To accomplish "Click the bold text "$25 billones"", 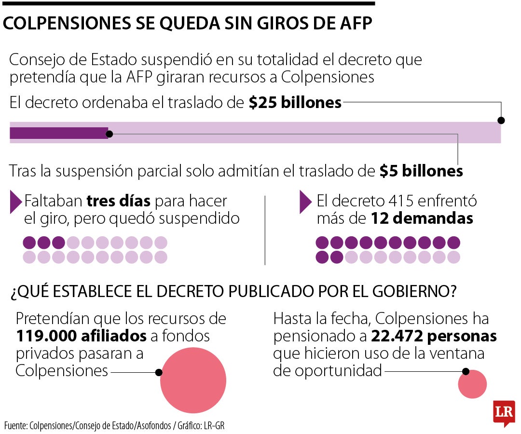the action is (x=295, y=102).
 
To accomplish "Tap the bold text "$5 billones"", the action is (x=421, y=171).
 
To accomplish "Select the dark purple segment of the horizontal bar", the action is (x=59, y=133).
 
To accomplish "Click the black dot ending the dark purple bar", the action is (x=109, y=134).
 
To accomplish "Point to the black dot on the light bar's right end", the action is (x=501, y=120).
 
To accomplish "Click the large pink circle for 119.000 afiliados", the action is (x=193, y=380).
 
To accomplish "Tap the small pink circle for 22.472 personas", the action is (x=472, y=384).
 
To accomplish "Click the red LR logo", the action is (x=504, y=413).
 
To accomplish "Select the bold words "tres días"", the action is (x=118, y=201).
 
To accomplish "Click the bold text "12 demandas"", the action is (x=422, y=218).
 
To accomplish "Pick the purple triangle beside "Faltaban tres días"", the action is (x=16, y=202).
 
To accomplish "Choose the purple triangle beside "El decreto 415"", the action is (x=306, y=202).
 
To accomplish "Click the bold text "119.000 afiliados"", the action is (x=81, y=336).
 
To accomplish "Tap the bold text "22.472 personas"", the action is (x=434, y=336).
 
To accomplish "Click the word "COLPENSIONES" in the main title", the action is (x=67, y=23).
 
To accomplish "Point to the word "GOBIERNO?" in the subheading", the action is (x=414, y=291).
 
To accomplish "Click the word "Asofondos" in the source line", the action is (x=154, y=425).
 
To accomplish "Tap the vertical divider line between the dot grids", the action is (x=265, y=230).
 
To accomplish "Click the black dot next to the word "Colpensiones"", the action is (x=159, y=372).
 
